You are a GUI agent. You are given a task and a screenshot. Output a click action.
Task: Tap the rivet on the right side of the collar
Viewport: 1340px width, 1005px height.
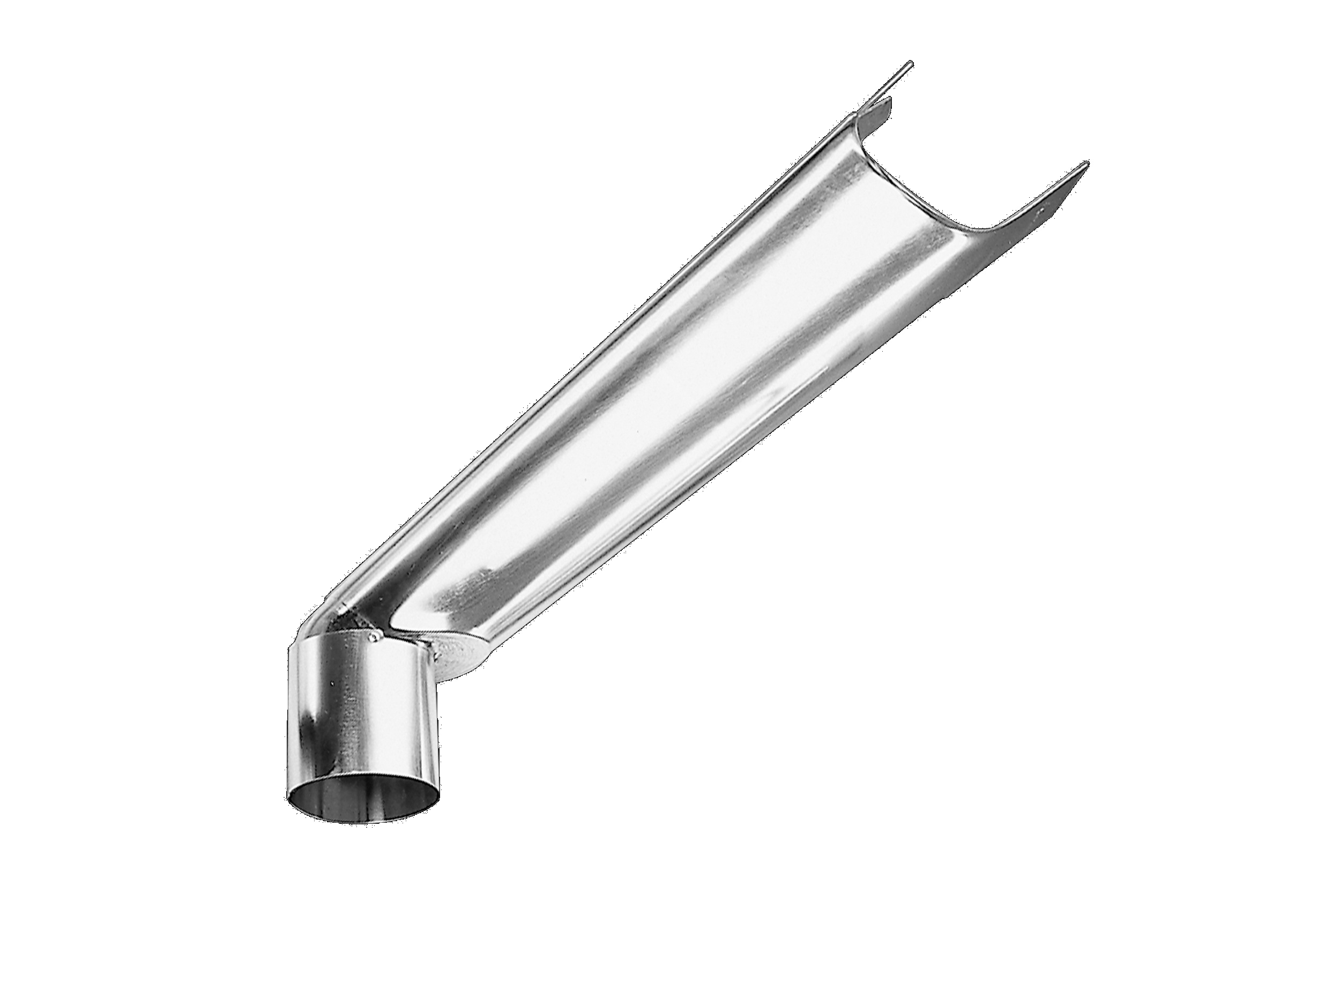click(x=434, y=652)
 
